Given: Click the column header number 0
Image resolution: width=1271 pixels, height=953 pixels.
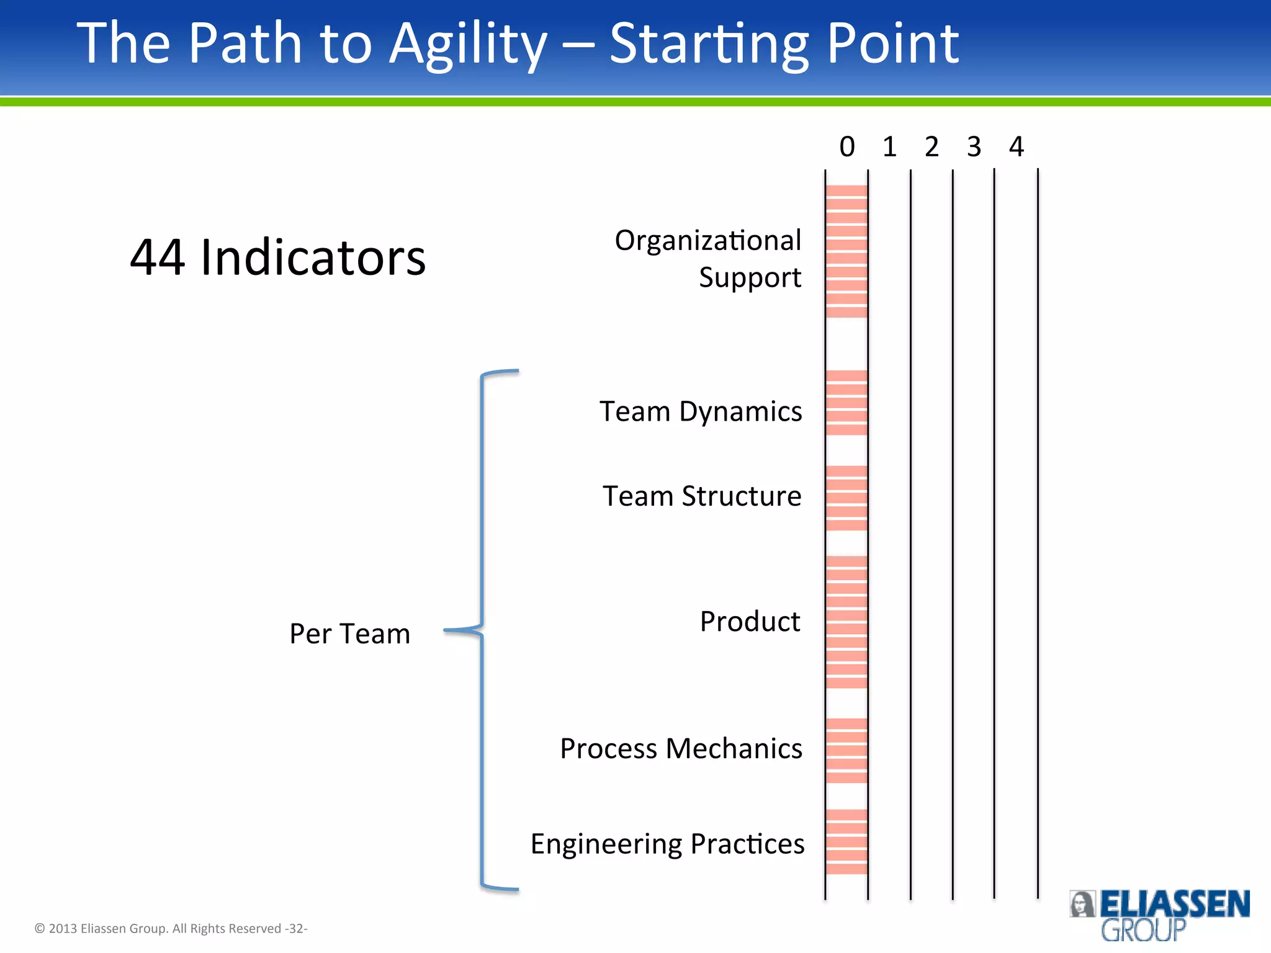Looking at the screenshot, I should pyautogui.click(x=847, y=147).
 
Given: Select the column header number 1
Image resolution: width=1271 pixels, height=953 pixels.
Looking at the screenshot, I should pyautogui.click(x=889, y=147).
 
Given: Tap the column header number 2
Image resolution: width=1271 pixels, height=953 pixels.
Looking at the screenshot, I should pyautogui.click(x=932, y=147).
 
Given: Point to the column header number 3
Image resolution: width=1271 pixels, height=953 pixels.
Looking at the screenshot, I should pyautogui.click(x=974, y=147).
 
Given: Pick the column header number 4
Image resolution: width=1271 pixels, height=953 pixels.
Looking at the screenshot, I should pyautogui.click(x=1016, y=147).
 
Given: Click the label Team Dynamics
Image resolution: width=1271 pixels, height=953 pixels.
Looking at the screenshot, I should pyautogui.click(x=701, y=411).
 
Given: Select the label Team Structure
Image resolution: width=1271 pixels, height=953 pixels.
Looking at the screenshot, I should pyautogui.click(x=702, y=496).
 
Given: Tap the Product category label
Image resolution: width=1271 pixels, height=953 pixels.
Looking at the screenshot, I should pyautogui.click(x=750, y=621).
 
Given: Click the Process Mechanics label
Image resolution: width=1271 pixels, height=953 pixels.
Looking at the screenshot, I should pyautogui.click(x=681, y=748).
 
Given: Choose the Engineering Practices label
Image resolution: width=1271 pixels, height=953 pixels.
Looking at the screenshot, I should pyautogui.click(x=667, y=844).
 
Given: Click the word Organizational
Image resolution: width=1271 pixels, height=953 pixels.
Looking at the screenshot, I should pyautogui.click(x=707, y=240).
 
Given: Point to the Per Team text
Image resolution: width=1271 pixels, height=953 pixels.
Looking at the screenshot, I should pyautogui.click(x=349, y=633).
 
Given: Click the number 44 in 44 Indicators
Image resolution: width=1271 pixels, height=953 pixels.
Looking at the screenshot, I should pyautogui.click(x=157, y=257).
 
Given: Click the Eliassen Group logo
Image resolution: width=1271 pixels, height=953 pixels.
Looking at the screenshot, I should pyautogui.click(x=1159, y=914).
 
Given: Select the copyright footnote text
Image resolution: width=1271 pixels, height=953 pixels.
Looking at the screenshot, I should pyautogui.click(x=171, y=928).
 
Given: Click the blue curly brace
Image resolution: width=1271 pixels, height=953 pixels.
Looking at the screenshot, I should pyautogui.click(x=482, y=630).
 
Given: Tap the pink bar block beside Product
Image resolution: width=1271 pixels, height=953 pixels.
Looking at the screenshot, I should pyautogui.click(x=847, y=622).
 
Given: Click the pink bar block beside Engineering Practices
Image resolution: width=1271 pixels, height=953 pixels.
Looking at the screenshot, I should pyautogui.click(x=847, y=841).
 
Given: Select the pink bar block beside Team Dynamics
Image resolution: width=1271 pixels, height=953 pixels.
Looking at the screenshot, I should pyautogui.click(x=847, y=403).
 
